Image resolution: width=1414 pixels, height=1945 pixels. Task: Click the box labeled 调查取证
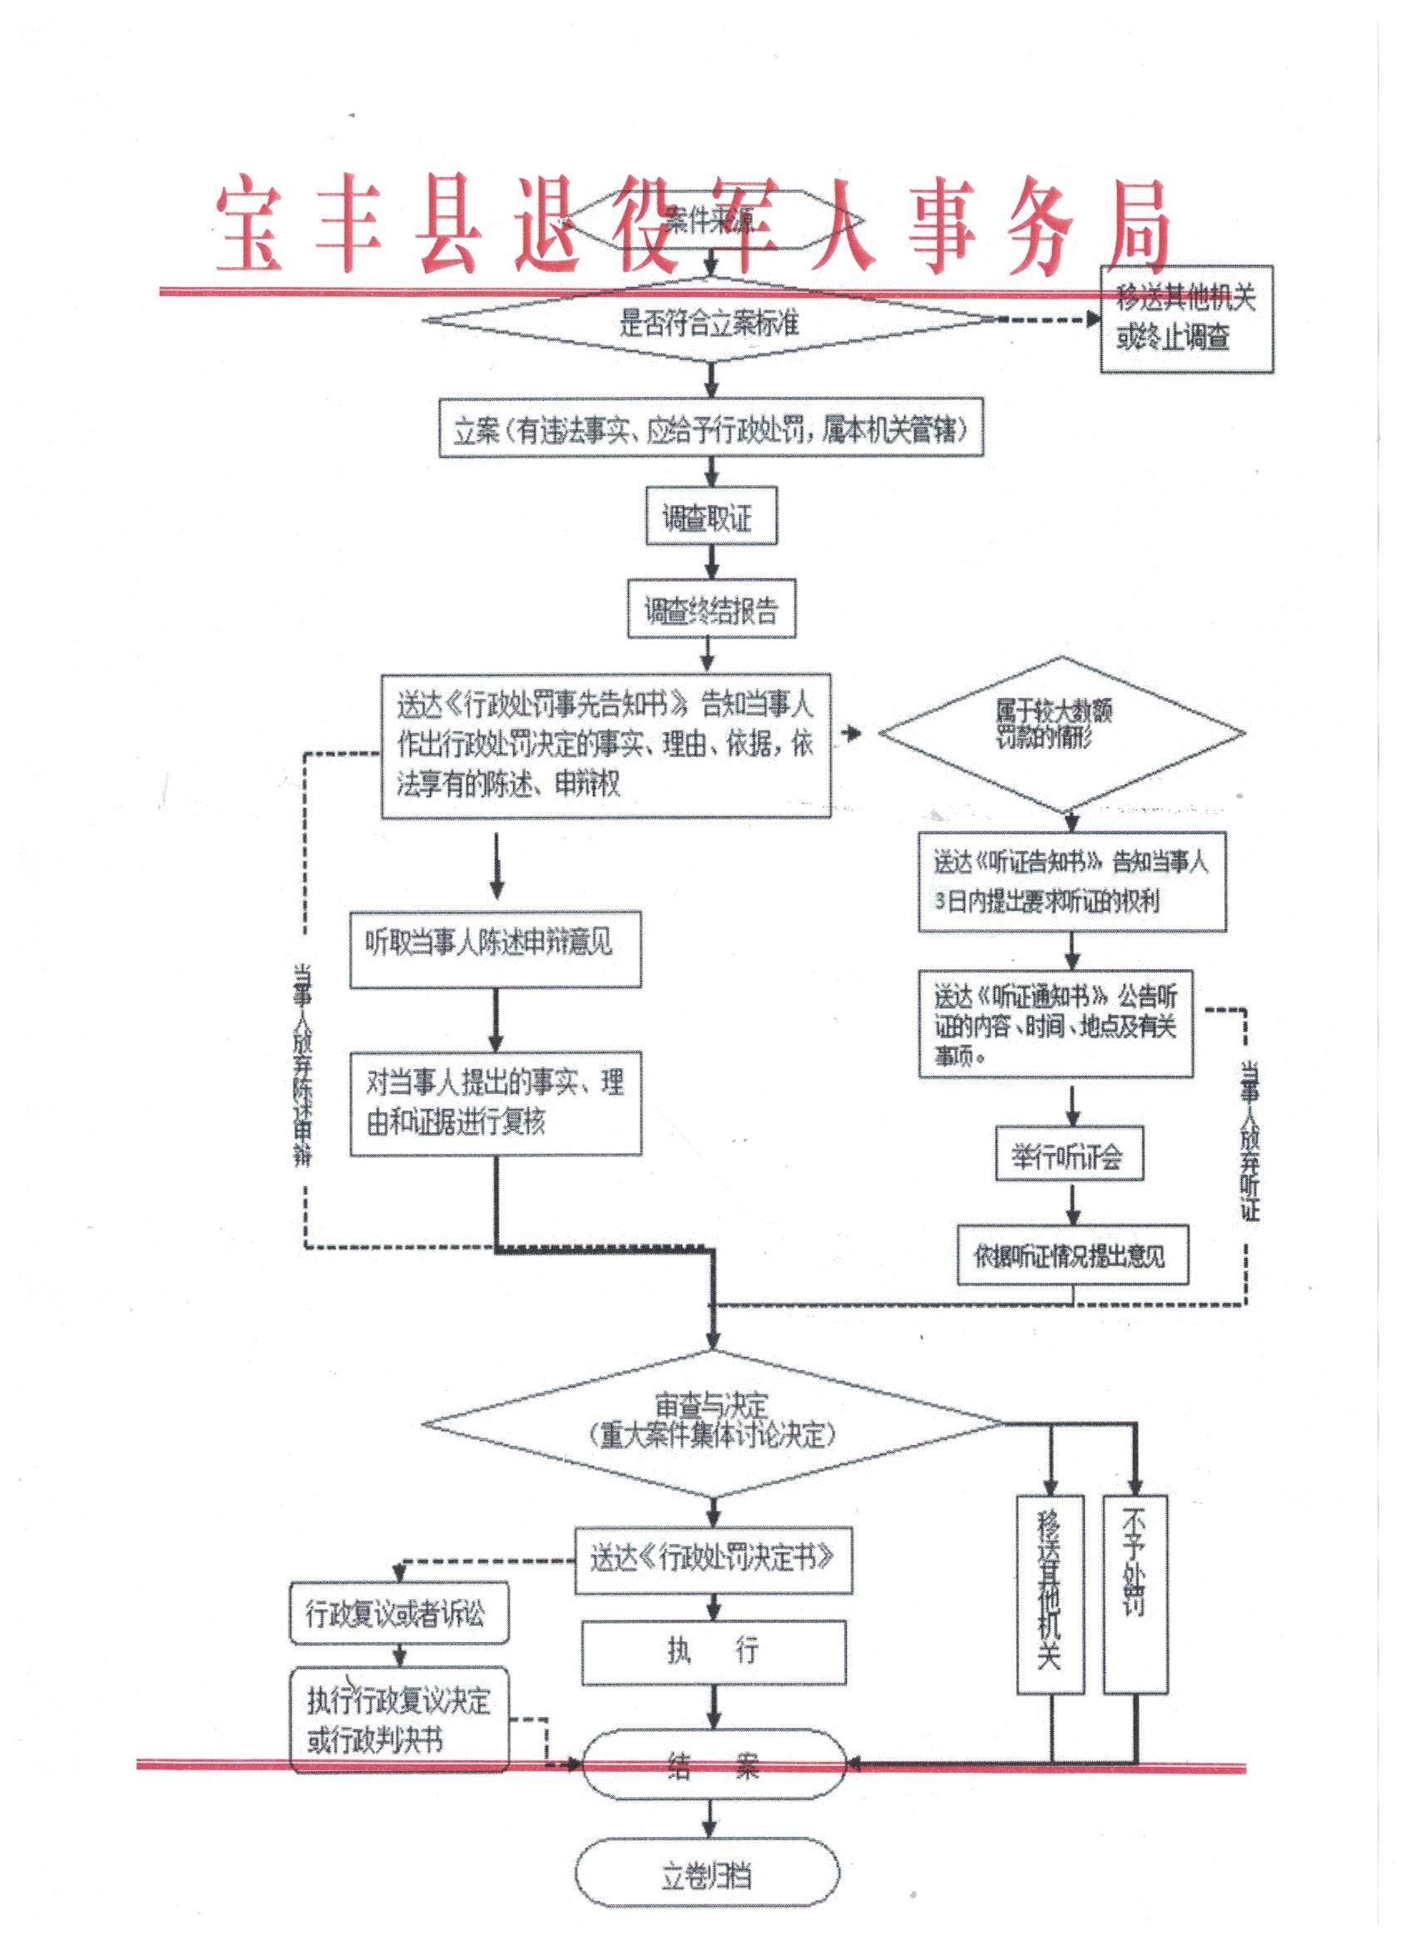pyautogui.click(x=711, y=519)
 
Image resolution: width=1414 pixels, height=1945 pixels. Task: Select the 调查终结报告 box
pyautogui.click(x=711, y=610)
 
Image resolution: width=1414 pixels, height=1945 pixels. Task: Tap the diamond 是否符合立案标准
pyautogui.click(x=710, y=324)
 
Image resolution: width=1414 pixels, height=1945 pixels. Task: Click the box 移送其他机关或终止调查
pyautogui.click(x=1186, y=318)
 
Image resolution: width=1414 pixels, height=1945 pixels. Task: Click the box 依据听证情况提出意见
pyautogui.click(x=1072, y=1257)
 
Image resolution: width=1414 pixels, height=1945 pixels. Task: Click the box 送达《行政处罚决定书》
pyautogui.click(x=713, y=1558)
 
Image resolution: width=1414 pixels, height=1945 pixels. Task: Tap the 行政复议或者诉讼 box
pyautogui.click(x=397, y=1614)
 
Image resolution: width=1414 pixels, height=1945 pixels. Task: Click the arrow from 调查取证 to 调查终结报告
pyautogui.click(x=711, y=562)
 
